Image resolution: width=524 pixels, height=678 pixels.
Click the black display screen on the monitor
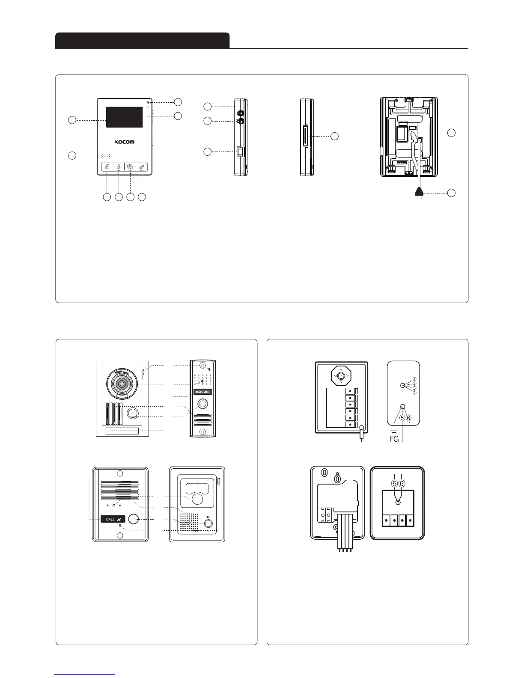[x=124, y=117]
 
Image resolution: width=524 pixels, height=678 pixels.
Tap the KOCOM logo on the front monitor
[x=124, y=142]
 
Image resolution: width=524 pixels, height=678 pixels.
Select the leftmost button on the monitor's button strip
[x=107, y=167]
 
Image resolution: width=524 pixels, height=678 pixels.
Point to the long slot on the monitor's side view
[x=305, y=136]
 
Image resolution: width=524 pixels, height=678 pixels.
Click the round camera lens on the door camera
[x=122, y=384]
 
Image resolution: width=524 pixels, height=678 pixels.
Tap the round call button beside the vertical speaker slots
[x=133, y=413]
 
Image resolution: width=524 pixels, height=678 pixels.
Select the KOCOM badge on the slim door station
[x=202, y=392]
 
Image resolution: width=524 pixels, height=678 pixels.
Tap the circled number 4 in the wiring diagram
[x=414, y=393]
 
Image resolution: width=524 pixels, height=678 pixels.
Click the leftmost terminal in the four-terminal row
[x=387, y=520]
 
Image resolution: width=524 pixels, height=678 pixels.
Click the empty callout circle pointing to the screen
[x=72, y=120]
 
